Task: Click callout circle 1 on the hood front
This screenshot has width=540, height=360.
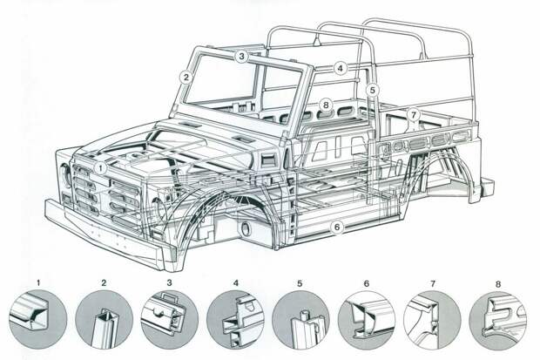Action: coord(102,167)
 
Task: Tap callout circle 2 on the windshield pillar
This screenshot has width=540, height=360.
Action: coord(186,77)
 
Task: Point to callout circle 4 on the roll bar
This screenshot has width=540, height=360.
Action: coord(341,67)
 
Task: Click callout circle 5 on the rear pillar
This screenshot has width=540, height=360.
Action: coord(372,89)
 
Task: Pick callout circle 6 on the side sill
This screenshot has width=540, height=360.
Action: coord(335,228)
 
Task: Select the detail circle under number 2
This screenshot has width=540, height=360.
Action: coord(105,318)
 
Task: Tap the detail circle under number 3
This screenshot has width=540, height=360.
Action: coord(170,318)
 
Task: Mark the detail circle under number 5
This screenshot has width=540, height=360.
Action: coord(301,318)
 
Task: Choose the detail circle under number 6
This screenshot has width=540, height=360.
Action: coord(368,318)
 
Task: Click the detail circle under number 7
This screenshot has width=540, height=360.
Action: coord(433,318)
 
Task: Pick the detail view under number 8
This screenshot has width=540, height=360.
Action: coord(498,318)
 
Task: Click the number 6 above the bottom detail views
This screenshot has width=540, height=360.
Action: coord(367,283)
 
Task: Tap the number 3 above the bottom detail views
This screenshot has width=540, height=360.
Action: coord(169,283)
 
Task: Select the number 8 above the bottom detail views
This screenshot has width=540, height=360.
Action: coord(498,283)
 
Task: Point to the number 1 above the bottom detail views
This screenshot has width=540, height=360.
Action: coord(39,283)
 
